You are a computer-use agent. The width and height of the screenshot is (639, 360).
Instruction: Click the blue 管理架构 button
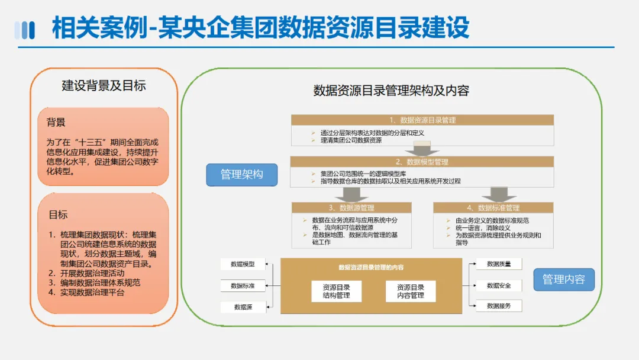coord(241,175)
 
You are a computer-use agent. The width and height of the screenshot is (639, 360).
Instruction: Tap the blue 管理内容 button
coord(563,279)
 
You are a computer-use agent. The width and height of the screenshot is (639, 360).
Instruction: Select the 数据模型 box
coord(243,264)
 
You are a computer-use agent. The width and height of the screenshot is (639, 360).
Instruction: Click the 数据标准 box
coord(243,285)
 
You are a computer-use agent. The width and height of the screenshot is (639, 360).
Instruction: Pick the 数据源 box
coord(243,307)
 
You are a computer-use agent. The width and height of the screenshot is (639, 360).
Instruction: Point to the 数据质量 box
coord(499,264)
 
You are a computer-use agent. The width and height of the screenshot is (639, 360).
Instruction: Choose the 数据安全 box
coord(499,285)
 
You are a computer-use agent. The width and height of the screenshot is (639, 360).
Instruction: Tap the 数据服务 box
coord(499,306)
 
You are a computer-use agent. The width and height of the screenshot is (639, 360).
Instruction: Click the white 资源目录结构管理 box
coord(337,291)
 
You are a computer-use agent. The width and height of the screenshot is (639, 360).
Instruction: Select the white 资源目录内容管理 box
coord(411,291)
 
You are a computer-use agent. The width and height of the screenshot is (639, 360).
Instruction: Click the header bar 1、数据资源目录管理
coord(422,120)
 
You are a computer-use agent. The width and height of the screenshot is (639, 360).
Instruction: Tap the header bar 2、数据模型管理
coord(422,162)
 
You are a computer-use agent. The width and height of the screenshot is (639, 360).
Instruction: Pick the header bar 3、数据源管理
coord(351,208)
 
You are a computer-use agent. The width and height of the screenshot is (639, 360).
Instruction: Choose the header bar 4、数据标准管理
coord(493,208)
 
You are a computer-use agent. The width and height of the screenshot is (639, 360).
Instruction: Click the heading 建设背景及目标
coord(104,86)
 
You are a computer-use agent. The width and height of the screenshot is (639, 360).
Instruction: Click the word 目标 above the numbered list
coord(58,215)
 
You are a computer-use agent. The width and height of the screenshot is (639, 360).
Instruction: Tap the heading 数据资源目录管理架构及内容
coord(391,91)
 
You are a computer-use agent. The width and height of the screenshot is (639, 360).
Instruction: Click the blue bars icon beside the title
coord(24,30)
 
